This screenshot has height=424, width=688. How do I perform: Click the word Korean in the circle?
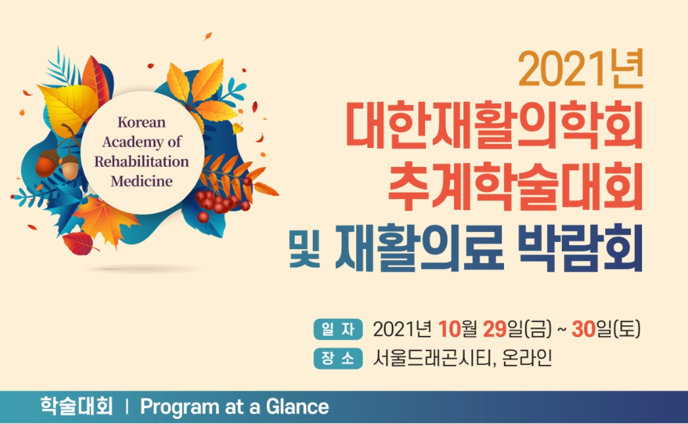click(141, 122)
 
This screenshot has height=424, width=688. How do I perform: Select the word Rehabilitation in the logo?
click(141, 162)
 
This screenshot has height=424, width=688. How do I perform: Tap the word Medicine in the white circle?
click(141, 181)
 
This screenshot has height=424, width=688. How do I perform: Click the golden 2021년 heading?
click(580, 69)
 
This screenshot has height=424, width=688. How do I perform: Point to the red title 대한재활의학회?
click(494, 126)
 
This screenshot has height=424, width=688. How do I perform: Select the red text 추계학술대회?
click(516, 186)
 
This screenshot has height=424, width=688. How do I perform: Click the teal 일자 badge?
click(338, 329)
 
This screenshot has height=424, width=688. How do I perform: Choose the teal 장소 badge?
click(338, 358)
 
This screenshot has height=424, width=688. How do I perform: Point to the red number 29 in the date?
click(495, 329)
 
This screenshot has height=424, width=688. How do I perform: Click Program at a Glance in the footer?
click(235, 407)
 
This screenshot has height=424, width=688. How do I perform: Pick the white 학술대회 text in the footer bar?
click(77, 406)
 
